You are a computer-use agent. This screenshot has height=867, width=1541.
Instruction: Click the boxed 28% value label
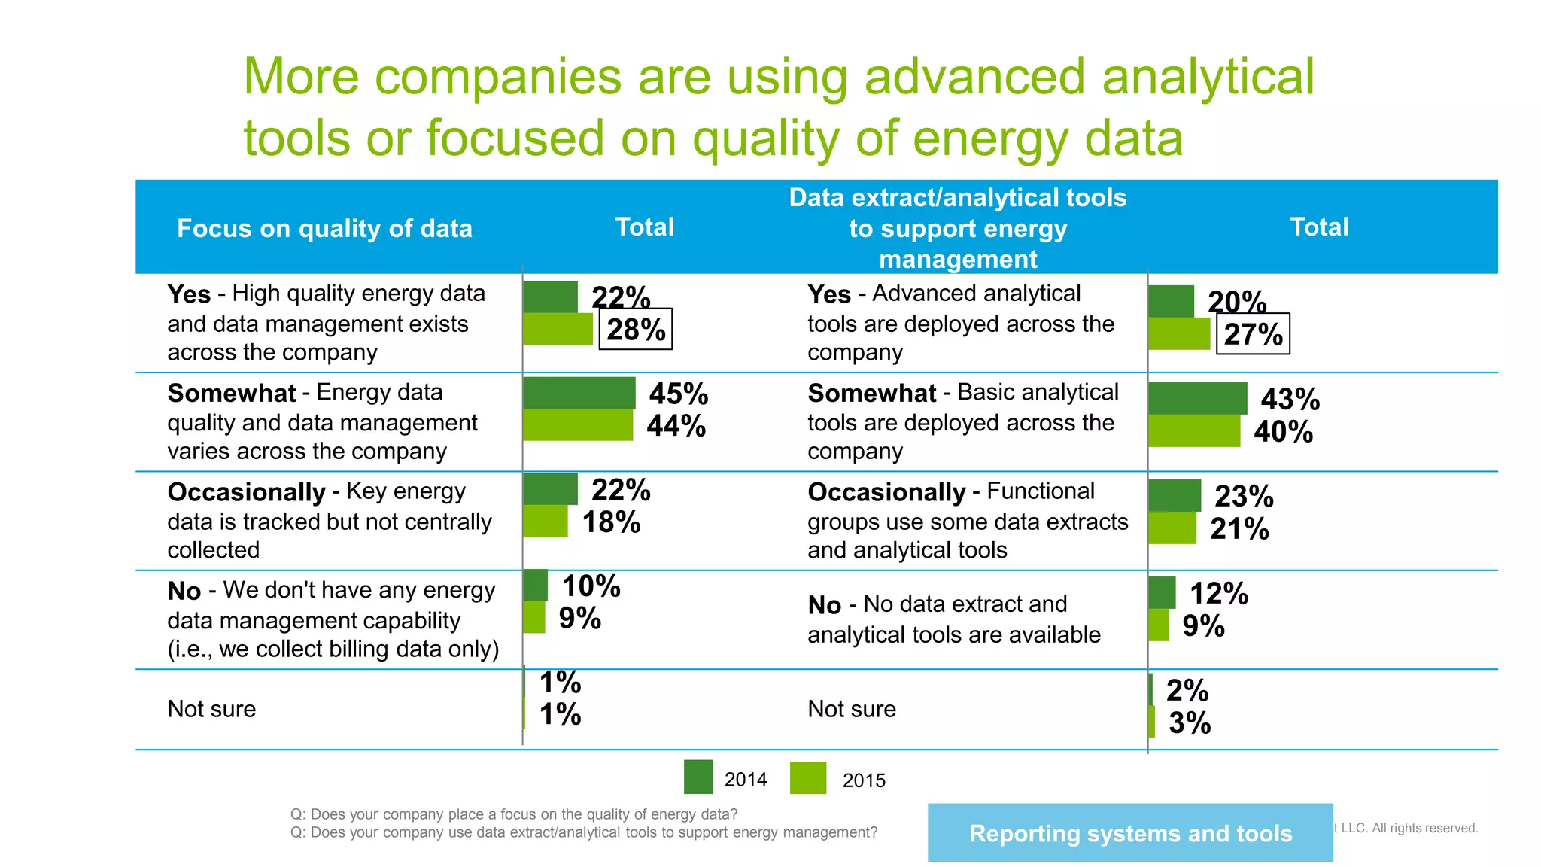(635, 330)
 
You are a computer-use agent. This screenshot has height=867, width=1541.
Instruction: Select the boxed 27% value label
(1253, 334)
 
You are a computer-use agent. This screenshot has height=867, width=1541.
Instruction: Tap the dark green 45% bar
(579, 393)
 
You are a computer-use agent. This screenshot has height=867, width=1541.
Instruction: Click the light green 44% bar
(577, 425)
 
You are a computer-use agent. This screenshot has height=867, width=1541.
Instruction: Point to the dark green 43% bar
(1197, 398)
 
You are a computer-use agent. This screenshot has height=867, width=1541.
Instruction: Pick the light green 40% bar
(1193, 431)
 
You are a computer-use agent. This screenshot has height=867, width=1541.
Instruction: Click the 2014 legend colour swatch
(698, 777)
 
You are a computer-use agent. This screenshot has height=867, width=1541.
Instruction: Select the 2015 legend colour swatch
(807, 778)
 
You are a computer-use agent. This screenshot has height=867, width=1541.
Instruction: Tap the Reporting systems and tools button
(1129, 833)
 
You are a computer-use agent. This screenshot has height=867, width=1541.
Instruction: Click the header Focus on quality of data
(324, 228)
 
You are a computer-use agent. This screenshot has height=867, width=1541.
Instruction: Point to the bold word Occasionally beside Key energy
(246, 492)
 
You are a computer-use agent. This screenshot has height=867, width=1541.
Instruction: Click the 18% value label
(611, 522)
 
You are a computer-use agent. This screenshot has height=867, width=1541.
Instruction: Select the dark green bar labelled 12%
(1162, 592)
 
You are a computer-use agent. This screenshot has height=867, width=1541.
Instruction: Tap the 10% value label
(591, 586)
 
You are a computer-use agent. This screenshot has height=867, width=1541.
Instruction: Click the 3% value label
(1189, 723)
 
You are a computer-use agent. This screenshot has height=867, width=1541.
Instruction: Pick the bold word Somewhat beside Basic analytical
(871, 393)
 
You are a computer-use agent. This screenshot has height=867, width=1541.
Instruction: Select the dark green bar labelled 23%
(1175, 496)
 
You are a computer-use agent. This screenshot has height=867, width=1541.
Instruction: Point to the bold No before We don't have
(184, 592)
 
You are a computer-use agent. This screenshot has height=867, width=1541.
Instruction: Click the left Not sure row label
(211, 709)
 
